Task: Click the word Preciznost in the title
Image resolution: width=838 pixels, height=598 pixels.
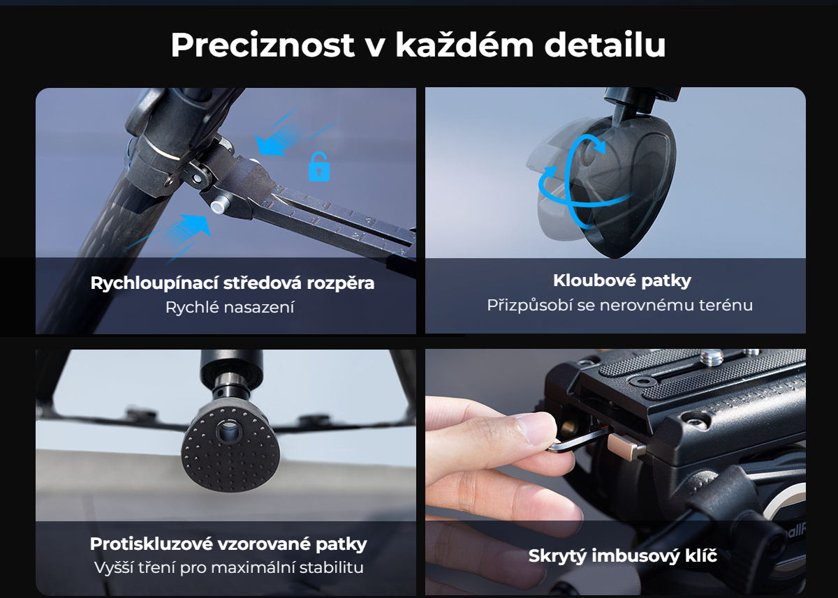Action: point(263,45)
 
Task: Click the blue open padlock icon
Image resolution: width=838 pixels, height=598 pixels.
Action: point(318,167)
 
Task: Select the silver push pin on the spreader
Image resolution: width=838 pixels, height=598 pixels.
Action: point(219,207)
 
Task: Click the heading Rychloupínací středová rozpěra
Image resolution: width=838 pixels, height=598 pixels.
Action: point(233,283)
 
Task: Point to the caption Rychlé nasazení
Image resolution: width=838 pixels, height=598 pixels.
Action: point(230,307)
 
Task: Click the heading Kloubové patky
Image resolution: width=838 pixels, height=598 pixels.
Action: point(622,281)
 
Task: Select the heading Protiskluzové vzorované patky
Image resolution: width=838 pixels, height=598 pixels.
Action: point(228,544)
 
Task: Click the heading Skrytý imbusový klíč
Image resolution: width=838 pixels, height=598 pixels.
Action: point(622,555)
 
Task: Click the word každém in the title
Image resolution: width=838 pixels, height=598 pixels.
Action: point(464,45)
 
